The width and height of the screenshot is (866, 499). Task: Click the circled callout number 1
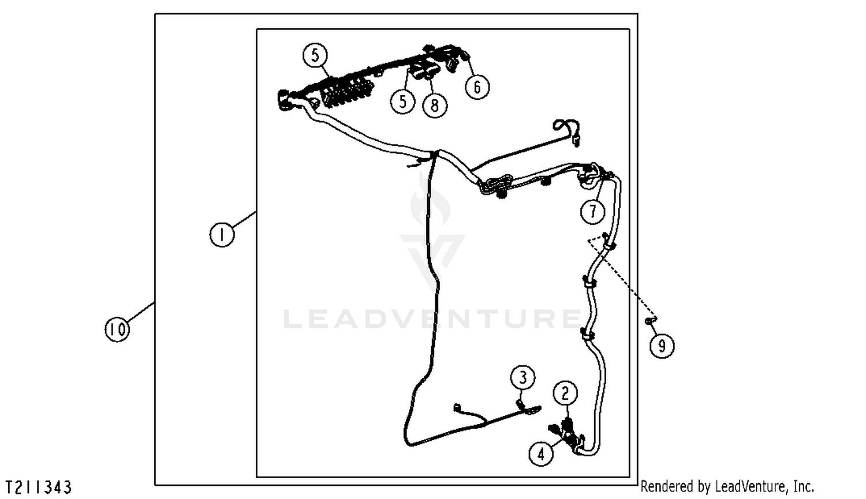[x=222, y=234]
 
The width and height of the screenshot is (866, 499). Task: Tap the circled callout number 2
[x=566, y=393]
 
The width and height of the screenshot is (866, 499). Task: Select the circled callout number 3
[x=523, y=377]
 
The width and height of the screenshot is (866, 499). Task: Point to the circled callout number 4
[x=542, y=454]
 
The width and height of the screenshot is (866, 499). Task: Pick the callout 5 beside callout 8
[x=403, y=102]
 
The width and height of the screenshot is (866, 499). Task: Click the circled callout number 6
[x=477, y=87]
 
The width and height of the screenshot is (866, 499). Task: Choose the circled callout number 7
[x=593, y=211]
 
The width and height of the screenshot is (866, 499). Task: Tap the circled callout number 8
[x=435, y=105]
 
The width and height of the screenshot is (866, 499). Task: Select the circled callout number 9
[x=662, y=346]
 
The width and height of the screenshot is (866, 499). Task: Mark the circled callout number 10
[x=118, y=329]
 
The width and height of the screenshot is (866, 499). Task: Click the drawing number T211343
[x=39, y=487]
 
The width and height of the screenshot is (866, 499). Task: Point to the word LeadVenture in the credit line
[x=751, y=486]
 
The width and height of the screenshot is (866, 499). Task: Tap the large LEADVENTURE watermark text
[x=432, y=318]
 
